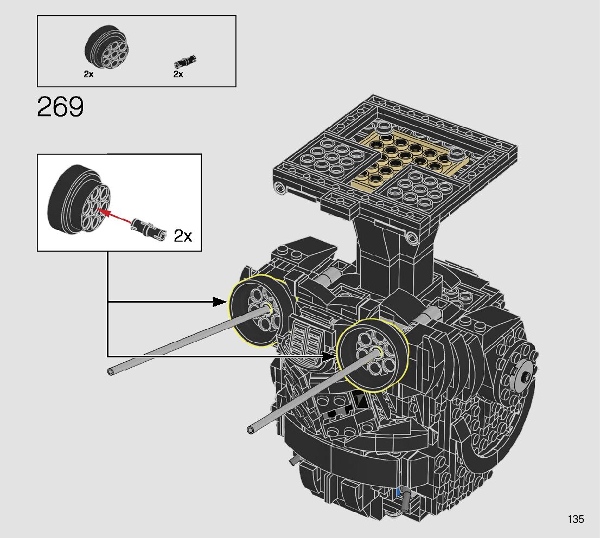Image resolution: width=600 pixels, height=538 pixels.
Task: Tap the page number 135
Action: point(576,519)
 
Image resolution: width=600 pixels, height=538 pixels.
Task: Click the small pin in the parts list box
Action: point(185,61)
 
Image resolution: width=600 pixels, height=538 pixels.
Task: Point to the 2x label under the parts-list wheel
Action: point(89,74)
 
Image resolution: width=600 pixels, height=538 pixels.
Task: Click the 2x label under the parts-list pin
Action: point(178,74)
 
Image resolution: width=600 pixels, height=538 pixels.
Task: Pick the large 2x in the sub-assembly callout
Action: point(183,236)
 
